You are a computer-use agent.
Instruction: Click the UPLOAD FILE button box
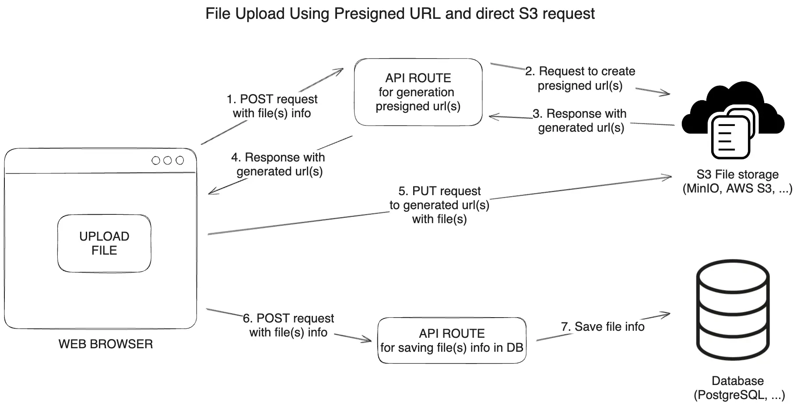tap(104, 243)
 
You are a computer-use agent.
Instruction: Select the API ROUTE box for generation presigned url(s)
tap(418, 92)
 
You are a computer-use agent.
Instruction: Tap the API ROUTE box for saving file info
tap(452, 340)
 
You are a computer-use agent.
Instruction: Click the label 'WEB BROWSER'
tap(105, 344)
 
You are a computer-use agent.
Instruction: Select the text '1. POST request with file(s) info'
tap(272, 106)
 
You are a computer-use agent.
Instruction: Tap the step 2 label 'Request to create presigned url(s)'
tap(580, 78)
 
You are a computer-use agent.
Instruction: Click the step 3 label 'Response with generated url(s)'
tap(581, 120)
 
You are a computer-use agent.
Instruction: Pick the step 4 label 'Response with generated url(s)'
tap(279, 164)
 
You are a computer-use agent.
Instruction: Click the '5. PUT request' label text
tap(439, 191)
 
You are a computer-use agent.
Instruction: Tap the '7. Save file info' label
tap(603, 326)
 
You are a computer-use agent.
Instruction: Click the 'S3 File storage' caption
tap(737, 175)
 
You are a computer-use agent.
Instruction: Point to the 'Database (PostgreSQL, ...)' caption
tap(738, 388)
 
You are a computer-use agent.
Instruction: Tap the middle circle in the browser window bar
tap(167, 161)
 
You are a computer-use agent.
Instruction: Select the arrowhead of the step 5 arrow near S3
tap(668, 177)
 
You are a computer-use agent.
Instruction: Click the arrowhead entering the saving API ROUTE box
tap(368, 339)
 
